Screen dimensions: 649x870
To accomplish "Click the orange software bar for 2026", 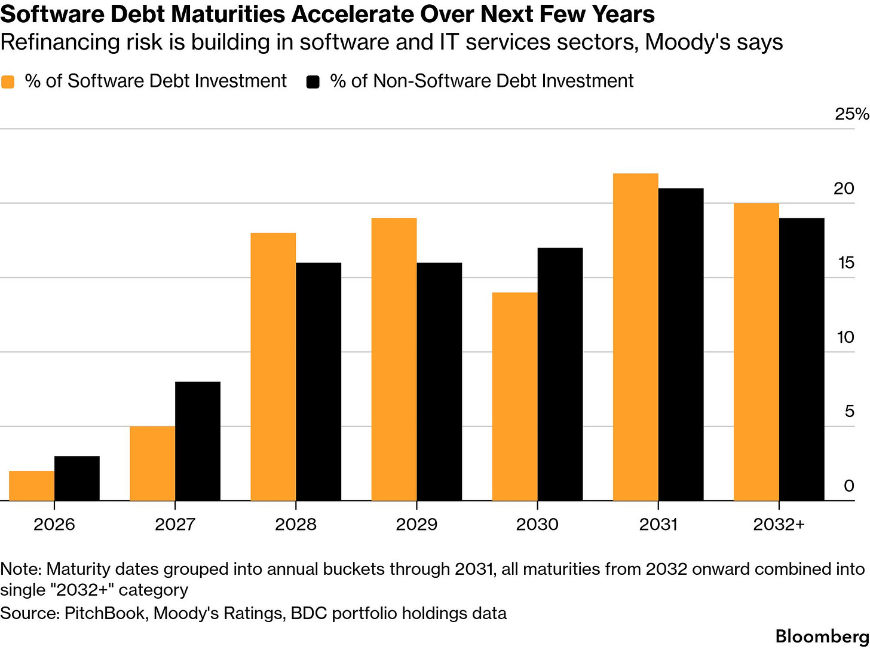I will [x=32, y=486].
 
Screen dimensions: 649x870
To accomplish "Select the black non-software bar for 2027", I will [x=198, y=441].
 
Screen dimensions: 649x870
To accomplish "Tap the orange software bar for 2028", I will [x=273, y=367].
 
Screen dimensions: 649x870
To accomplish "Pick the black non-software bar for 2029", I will [x=439, y=382].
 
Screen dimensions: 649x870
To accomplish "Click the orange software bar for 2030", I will [x=514, y=397].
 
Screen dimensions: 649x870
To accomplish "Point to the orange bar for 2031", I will [x=635, y=337].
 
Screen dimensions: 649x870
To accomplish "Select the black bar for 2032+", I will [x=801, y=359].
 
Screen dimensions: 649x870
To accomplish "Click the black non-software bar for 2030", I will [x=560, y=374].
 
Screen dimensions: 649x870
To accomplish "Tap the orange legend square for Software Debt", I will [x=8, y=81].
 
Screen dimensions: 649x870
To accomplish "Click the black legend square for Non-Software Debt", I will [x=313, y=81].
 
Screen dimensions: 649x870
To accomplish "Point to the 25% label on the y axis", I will [x=851, y=114].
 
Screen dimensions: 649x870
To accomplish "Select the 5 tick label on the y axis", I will [x=849, y=412].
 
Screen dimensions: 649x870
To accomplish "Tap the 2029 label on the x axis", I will [x=416, y=525].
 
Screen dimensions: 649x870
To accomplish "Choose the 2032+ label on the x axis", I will [x=779, y=525].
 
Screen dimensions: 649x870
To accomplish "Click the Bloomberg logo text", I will [x=822, y=636].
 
